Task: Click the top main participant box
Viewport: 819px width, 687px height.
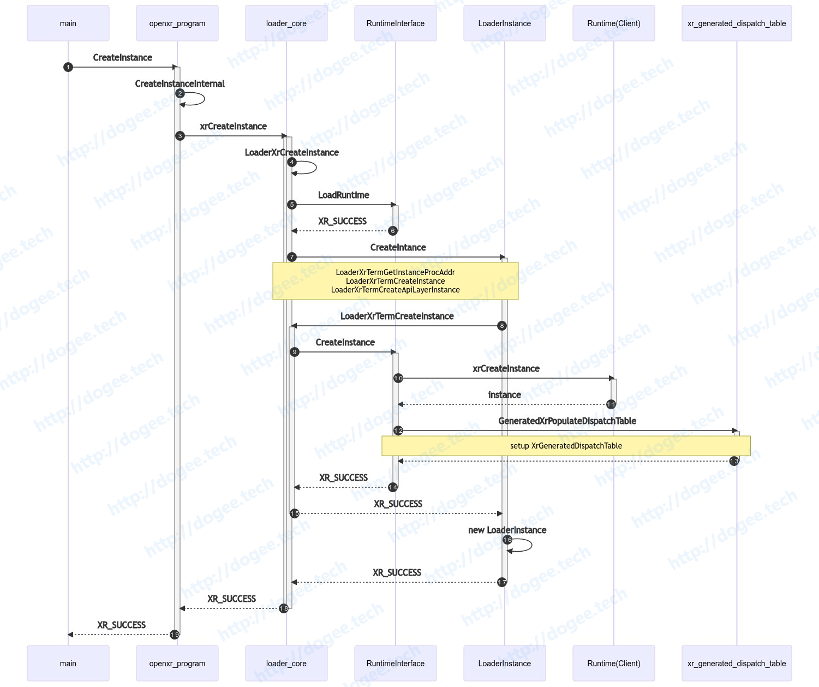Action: pos(68,23)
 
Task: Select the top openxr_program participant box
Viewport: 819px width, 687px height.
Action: pos(177,23)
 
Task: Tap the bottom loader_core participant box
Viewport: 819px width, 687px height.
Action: pos(286,663)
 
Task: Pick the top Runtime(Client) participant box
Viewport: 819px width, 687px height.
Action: pos(613,23)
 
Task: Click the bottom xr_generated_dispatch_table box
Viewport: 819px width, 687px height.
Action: pos(736,663)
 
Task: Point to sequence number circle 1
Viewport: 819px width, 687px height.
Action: pos(68,67)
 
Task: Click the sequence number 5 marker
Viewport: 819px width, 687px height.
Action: pos(291,205)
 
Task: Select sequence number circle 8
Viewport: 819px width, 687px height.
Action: pos(501,326)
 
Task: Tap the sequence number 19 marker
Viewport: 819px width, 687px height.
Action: pos(175,635)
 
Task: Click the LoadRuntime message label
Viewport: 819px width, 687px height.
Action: pos(343,195)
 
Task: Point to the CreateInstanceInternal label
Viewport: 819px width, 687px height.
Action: pos(180,83)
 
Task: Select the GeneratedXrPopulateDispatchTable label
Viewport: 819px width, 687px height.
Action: pos(567,421)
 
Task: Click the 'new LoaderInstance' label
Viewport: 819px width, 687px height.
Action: pos(507,530)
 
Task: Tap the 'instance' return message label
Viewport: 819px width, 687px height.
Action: pos(504,395)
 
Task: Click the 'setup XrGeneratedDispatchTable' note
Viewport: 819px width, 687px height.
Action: pos(566,446)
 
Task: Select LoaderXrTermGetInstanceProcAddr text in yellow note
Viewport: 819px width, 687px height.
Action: pos(396,272)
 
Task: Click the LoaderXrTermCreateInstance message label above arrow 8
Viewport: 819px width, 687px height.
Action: pos(397,316)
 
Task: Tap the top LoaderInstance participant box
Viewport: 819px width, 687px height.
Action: pos(504,23)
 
